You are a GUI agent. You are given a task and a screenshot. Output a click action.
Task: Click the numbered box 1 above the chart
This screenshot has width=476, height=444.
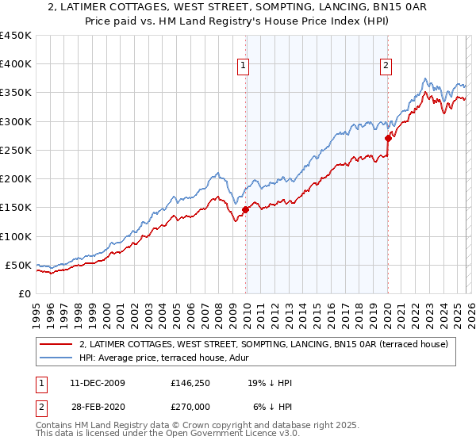(242, 66)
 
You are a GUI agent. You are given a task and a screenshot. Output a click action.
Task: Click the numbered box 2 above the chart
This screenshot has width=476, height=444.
(386, 66)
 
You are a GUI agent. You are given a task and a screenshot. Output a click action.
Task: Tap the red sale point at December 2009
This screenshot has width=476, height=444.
(246, 209)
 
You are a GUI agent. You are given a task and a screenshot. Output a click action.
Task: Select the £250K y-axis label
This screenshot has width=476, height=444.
(16, 150)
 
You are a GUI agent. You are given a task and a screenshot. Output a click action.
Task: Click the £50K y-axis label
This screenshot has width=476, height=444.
(19, 265)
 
